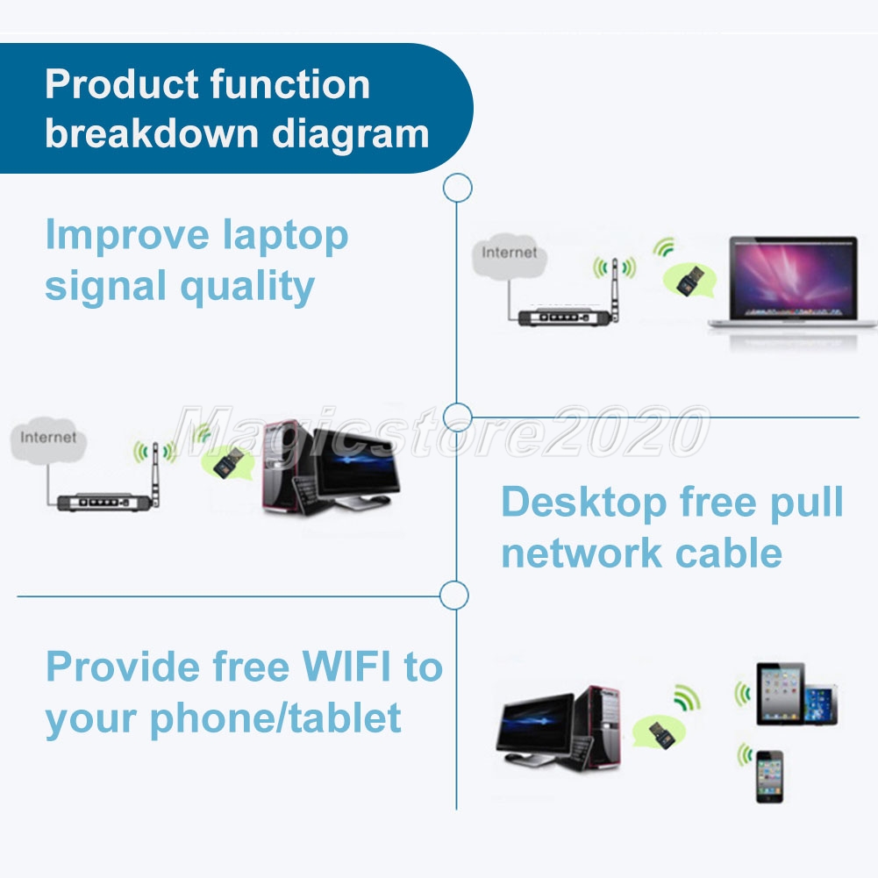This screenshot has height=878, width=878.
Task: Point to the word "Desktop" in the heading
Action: click(x=583, y=503)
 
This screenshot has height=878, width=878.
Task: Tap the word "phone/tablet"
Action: click(x=275, y=718)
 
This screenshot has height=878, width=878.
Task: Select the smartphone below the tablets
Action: click(x=769, y=775)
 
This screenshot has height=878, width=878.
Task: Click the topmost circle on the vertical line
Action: click(x=457, y=188)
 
